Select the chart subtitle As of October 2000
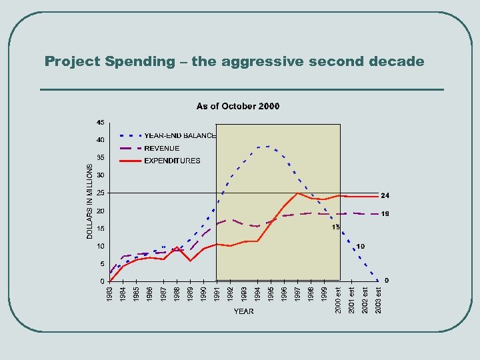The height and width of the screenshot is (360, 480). click(x=238, y=106)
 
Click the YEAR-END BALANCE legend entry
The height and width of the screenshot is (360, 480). click(x=180, y=135)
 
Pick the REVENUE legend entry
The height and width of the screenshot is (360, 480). click(x=162, y=148)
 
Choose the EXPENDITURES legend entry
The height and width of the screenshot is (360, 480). click(x=172, y=161)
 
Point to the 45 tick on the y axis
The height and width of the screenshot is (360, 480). click(x=100, y=123)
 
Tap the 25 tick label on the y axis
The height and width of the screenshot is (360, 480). click(x=100, y=193)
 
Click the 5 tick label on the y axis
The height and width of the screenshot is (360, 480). click(x=101, y=264)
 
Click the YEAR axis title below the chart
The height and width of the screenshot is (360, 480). click(x=243, y=311)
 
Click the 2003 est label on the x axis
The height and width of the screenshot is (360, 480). click(x=378, y=299)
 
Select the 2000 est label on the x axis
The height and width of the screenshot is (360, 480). click(x=338, y=299)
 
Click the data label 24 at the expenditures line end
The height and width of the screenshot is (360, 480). click(x=385, y=196)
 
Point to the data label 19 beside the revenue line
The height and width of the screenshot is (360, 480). click(x=385, y=214)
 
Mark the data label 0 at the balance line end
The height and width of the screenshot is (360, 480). click(x=387, y=280)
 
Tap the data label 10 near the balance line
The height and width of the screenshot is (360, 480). click(x=360, y=247)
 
